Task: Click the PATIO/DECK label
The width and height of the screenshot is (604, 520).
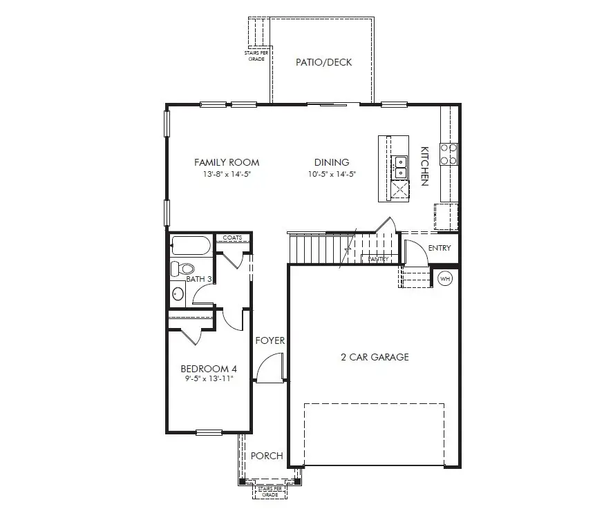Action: [x=323, y=63]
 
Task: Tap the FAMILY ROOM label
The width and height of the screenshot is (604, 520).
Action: [x=227, y=162]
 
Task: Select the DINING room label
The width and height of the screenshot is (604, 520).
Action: [x=331, y=162]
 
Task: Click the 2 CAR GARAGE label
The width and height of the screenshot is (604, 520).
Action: [x=375, y=357]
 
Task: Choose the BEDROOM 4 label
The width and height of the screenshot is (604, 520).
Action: [x=209, y=368]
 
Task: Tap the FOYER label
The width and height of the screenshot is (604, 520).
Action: [x=270, y=340]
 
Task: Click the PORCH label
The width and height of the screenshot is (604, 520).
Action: [x=267, y=456]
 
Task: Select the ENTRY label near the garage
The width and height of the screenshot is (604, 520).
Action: [x=440, y=248]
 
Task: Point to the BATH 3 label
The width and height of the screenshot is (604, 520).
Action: [x=199, y=279]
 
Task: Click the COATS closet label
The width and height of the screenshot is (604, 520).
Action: [x=232, y=238]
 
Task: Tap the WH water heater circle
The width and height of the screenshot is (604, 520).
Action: [x=444, y=279]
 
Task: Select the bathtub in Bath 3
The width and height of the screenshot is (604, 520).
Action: [x=190, y=245]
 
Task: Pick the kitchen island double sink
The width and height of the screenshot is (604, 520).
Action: [x=400, y=166]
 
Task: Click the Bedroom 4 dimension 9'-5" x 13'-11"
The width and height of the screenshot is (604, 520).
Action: [x=209, y=379]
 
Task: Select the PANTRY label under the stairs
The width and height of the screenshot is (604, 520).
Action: [x=378, y=259]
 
